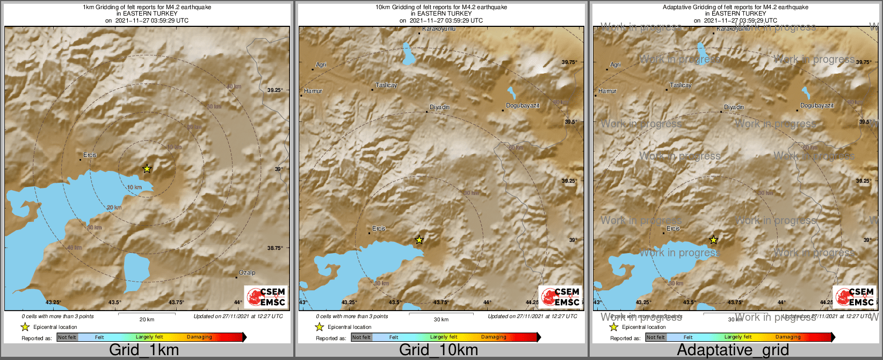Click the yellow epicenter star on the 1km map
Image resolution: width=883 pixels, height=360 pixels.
pos(147,169)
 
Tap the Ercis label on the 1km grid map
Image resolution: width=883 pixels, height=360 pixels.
pos(90,155)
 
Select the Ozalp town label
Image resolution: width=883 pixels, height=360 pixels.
pos(247,273)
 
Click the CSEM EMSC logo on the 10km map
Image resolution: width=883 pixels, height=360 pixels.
pos(561,297)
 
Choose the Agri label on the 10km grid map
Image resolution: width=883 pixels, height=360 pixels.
pos(321,65)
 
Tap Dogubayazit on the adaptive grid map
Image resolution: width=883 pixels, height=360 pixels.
pos(816,106)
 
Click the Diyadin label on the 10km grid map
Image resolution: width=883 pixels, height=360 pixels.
pos(440,107)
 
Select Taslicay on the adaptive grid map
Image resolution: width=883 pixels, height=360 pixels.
pos(681,85)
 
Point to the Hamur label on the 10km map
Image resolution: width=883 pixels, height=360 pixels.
pos(313,91)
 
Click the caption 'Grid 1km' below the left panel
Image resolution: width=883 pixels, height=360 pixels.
pos(144,350)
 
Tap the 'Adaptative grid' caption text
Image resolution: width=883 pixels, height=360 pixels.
pos(733,350)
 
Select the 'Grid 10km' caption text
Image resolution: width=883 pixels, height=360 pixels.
pos(438,350)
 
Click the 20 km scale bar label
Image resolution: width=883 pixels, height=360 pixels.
pos(147,320)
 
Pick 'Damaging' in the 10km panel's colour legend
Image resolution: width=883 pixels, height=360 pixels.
pos(494,337)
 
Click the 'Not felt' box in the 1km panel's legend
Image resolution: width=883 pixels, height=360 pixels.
pos(67,337)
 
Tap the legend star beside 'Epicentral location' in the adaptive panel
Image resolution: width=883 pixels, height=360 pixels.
pos(613,327)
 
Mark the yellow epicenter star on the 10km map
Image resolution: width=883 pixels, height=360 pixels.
pos(419,240)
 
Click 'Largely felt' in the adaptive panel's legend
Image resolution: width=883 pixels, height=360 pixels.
pos(738,337)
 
